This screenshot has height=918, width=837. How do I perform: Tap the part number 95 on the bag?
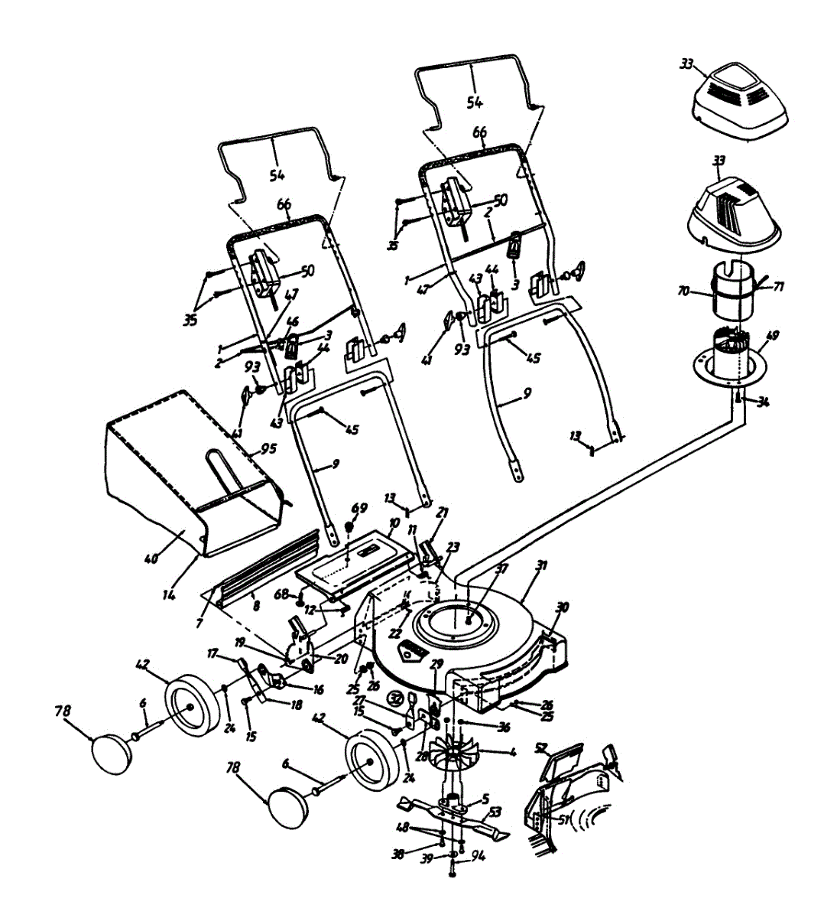click(x=267, y=449)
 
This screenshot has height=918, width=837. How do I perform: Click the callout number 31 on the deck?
click(x=542, y=566)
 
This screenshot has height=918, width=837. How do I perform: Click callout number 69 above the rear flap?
click(x=358, y=508)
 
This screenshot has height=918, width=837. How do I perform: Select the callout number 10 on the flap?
click(x=394, y=523)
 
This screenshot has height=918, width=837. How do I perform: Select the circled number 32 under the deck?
click(x=395, y=698)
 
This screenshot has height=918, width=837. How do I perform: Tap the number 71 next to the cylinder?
click(x=779, y=287)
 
